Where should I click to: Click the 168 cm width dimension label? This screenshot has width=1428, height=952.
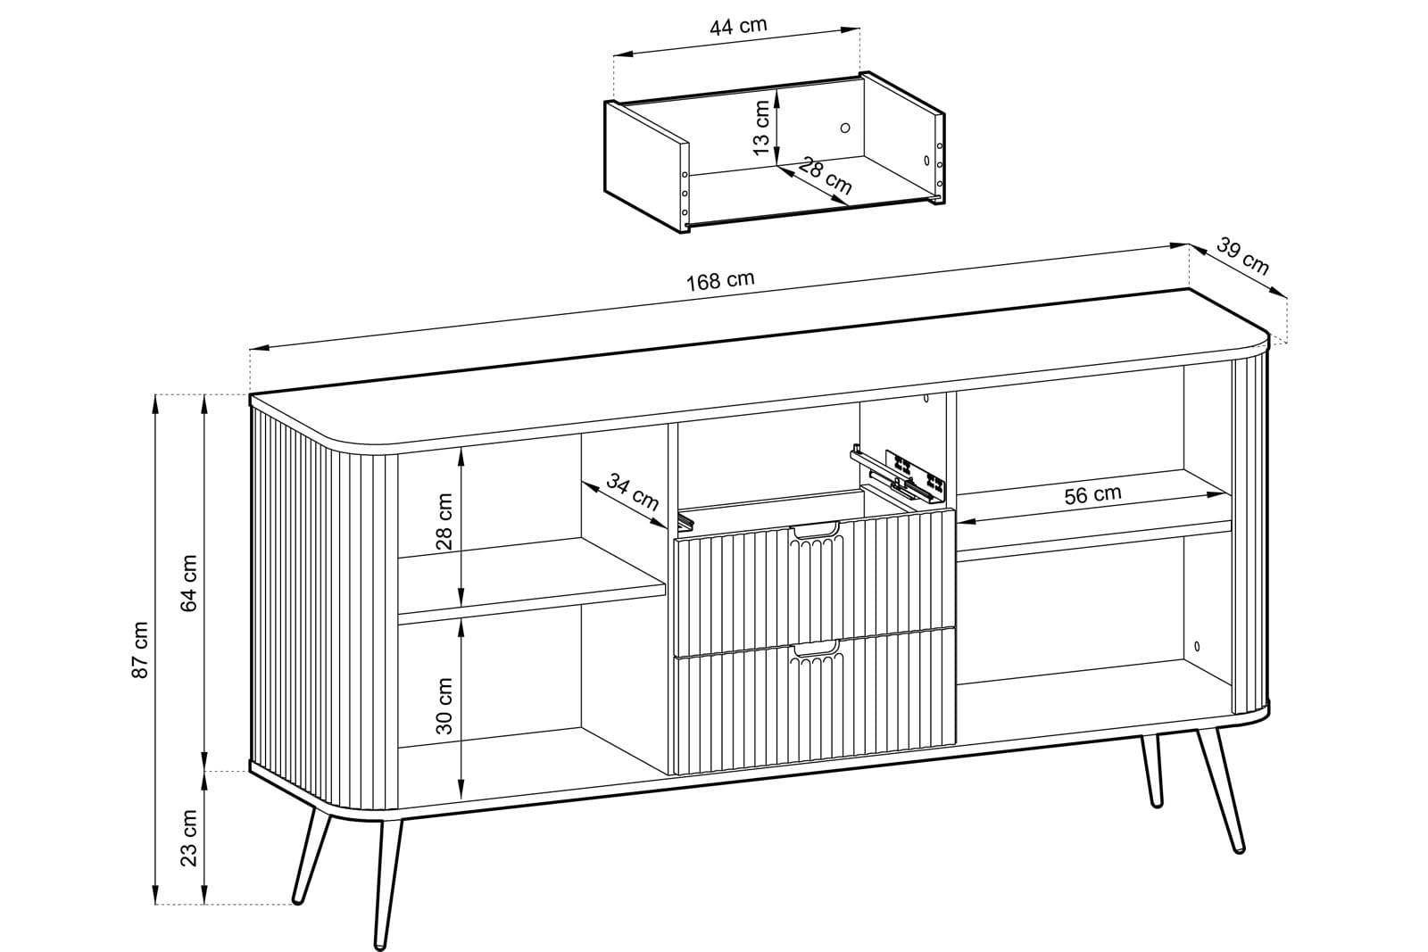[719, 280]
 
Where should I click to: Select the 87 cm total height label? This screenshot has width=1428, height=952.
[140, 650]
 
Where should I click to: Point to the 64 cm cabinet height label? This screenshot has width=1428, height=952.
[189, 583]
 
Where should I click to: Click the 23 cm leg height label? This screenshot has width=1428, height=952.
[189, 837]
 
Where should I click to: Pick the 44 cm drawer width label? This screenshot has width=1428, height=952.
[738, 26]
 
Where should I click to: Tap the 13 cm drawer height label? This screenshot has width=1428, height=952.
[761, 128]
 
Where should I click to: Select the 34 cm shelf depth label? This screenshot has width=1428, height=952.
[632, 492]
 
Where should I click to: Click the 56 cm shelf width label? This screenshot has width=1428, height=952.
[1092, 493]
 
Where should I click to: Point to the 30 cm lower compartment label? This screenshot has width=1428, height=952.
[444, 706]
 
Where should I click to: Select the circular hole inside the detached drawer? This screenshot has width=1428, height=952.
[845, 128]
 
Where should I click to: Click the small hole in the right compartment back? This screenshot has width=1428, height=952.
[1197, 646]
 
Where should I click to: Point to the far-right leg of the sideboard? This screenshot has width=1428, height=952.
[1220, 791]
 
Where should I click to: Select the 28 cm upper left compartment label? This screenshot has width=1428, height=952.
[444, 521]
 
